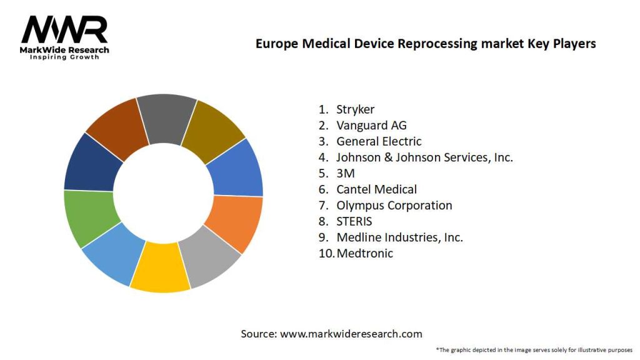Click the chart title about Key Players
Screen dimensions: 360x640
click(x=426, y=44)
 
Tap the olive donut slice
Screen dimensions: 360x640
click(x=218, y=128)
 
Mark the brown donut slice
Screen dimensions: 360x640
click(x=116, y=127)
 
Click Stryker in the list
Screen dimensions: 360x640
click(x=355, y=109)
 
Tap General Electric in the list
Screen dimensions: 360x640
click(x=379, y=141)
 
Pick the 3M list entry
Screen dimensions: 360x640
click(x=346, y=173)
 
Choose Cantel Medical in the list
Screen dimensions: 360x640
click(x=376, y=189)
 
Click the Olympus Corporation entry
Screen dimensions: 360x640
click(x=394, y=205)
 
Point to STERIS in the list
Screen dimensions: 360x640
click(x=354, y=221)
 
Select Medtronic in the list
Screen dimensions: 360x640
click(x=364, y=253)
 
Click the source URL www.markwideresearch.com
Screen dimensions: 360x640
click(x=351, y=334)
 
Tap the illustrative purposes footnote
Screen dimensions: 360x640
click(x=534, y=349)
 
